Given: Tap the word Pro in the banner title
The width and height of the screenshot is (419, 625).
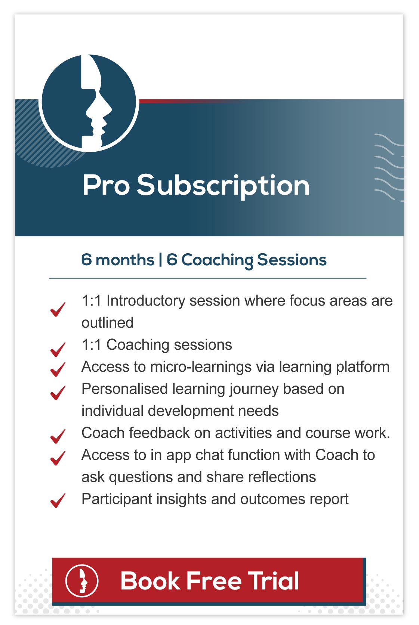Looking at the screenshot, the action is [x=106, y=185].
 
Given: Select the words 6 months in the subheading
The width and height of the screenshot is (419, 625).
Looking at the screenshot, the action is [x=117, y=260].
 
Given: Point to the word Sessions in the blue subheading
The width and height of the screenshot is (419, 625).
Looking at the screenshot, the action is [x=292, y=260].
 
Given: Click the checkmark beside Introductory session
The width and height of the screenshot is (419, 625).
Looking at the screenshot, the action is [x=58, y=309].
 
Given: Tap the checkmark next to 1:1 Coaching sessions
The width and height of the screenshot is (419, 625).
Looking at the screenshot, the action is [x=58, y=350].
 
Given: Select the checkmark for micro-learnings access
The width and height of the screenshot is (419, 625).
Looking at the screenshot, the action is [x=58, y=369].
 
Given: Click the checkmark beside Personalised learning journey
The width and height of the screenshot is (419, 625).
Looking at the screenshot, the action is [x=58, y=393].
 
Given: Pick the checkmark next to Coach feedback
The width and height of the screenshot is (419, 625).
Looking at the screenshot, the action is [x=58, y=436].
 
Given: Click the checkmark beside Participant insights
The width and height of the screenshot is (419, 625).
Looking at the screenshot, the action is [x=58, y=501].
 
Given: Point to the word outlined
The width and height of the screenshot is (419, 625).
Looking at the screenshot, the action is [x=108, y=322].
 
